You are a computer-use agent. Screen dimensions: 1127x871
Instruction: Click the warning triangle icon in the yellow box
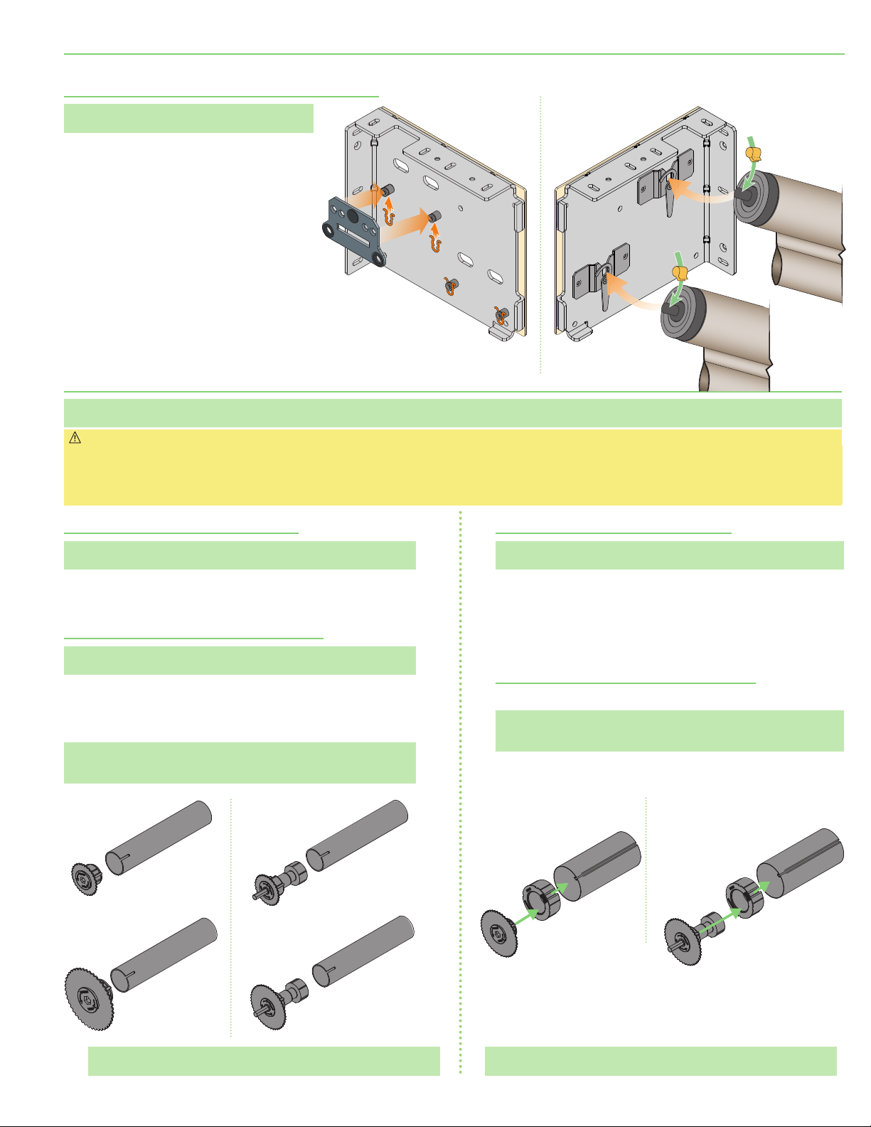pos(75,439)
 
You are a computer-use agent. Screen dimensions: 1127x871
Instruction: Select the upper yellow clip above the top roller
pos(754,153)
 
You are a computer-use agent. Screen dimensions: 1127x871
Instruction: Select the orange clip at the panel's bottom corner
pos(501,314)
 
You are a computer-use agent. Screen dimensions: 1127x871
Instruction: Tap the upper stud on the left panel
pos(388,191)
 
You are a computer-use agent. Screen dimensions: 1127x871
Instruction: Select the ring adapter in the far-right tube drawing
pos(742,901)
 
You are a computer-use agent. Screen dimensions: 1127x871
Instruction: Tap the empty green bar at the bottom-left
pos(263,1060)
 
